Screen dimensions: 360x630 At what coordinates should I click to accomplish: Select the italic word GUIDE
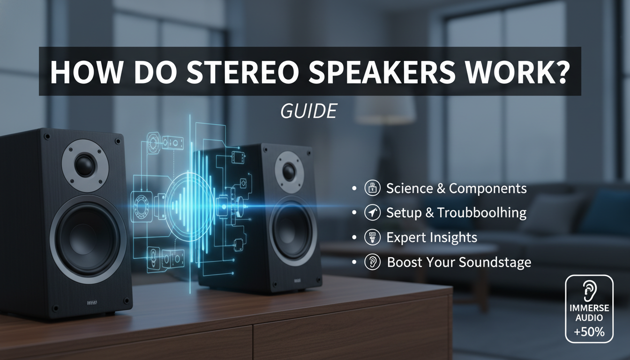point(308,111)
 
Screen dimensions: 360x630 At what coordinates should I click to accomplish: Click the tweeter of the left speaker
point(85,165)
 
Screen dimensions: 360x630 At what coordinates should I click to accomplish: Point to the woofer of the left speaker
point(88,236)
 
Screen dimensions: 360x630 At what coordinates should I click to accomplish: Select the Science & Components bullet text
point(456,188)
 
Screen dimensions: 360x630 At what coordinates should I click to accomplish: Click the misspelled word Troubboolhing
point(482,213)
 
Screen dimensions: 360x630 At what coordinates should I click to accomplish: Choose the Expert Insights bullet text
point(431,237)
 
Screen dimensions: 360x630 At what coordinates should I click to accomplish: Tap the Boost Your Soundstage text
point(459,262)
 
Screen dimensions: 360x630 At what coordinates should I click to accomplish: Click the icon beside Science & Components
point(371,188)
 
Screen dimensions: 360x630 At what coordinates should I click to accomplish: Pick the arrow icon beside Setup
point(371,213)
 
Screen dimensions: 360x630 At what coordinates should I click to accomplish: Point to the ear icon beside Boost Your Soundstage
point(371,262)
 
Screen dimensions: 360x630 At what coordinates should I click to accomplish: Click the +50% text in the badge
point(589,333)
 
